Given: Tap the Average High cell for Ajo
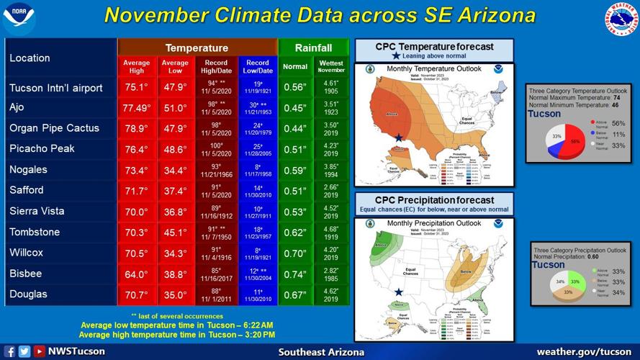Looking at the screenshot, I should (136, 108).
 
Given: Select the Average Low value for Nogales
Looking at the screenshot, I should (175, 170).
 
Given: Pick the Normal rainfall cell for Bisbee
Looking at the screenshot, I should (295, 274).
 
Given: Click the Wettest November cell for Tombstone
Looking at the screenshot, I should (331, 232).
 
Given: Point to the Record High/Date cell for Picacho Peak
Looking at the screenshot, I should (216, 149).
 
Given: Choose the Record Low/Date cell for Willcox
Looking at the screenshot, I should (257, 253).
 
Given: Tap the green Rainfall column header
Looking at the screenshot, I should (313, 48).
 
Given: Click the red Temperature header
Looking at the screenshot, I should (197, 48).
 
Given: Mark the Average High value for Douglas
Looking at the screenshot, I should (136, 294).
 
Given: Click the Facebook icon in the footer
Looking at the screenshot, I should (9, 351).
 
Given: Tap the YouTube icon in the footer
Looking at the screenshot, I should (39, 351).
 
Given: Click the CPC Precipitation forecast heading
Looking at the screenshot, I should (434, 200).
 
